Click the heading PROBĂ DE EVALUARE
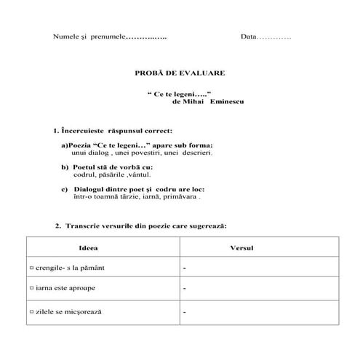180,73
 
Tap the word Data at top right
249,36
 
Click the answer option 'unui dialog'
90,153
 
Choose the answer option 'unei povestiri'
139,153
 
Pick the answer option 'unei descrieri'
189,153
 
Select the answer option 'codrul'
85,175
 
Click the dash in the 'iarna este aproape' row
185,289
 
